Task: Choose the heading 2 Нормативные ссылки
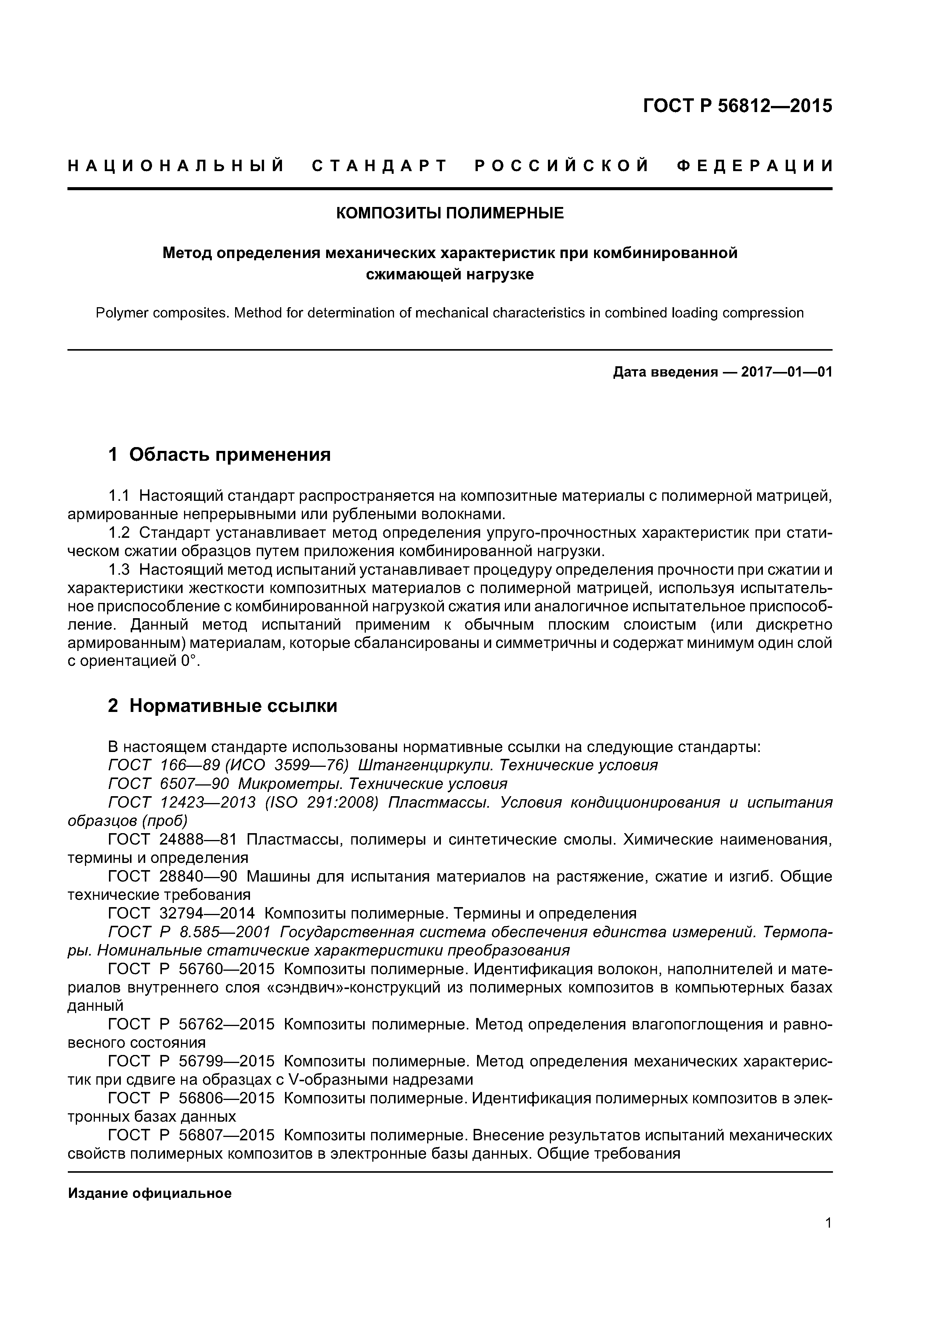[223, 706]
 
